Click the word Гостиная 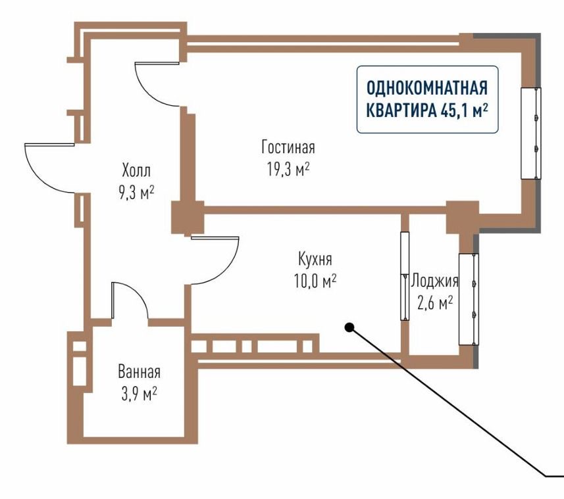pos(288,147)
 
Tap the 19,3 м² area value pos(288,169)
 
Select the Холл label pos(136,170)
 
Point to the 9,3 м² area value pos(136,193)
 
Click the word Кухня pos(315,259)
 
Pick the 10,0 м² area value pos(315,281)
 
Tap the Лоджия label pos(435,281)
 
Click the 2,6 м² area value pos(435,303)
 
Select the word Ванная pos(140,372)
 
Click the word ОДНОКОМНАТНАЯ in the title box pos(427,88)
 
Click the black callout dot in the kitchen pos(349,327)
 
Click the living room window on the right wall pos(531,133)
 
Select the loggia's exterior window pos(469,299)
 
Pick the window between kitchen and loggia pos(405,276)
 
